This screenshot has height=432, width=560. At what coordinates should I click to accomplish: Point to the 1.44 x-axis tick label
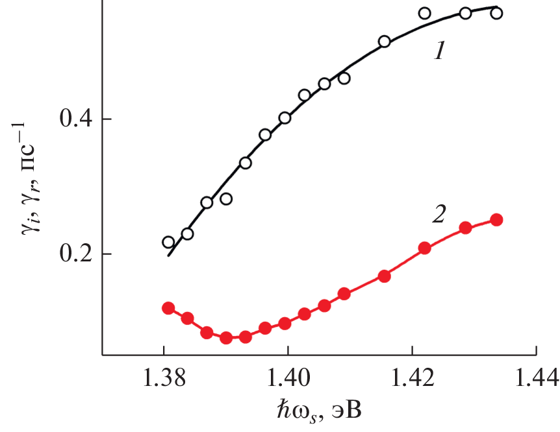pos(535,377)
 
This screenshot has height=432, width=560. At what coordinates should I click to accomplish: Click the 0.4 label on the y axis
pos(77,119)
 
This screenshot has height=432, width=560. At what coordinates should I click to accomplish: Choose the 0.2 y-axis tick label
pos(77,254)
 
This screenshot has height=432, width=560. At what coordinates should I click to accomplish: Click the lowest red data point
pos(226,338)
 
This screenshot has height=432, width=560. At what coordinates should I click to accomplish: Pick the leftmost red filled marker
pos(168,308)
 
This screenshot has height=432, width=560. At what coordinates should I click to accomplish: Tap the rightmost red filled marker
pos(496,220)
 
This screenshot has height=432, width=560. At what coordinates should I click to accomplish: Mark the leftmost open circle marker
pos(168,242)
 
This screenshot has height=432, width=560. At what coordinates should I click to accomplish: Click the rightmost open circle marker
pos(496,13)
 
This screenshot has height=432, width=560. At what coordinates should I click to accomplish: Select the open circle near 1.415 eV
pos(384,42)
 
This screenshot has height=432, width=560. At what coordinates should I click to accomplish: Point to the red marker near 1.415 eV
pos(384,276)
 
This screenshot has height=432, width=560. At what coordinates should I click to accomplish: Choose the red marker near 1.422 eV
pos(425,248)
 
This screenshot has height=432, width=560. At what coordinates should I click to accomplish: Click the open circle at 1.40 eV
pos(285,118)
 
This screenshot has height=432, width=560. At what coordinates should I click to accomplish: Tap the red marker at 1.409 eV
pos(344,294)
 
